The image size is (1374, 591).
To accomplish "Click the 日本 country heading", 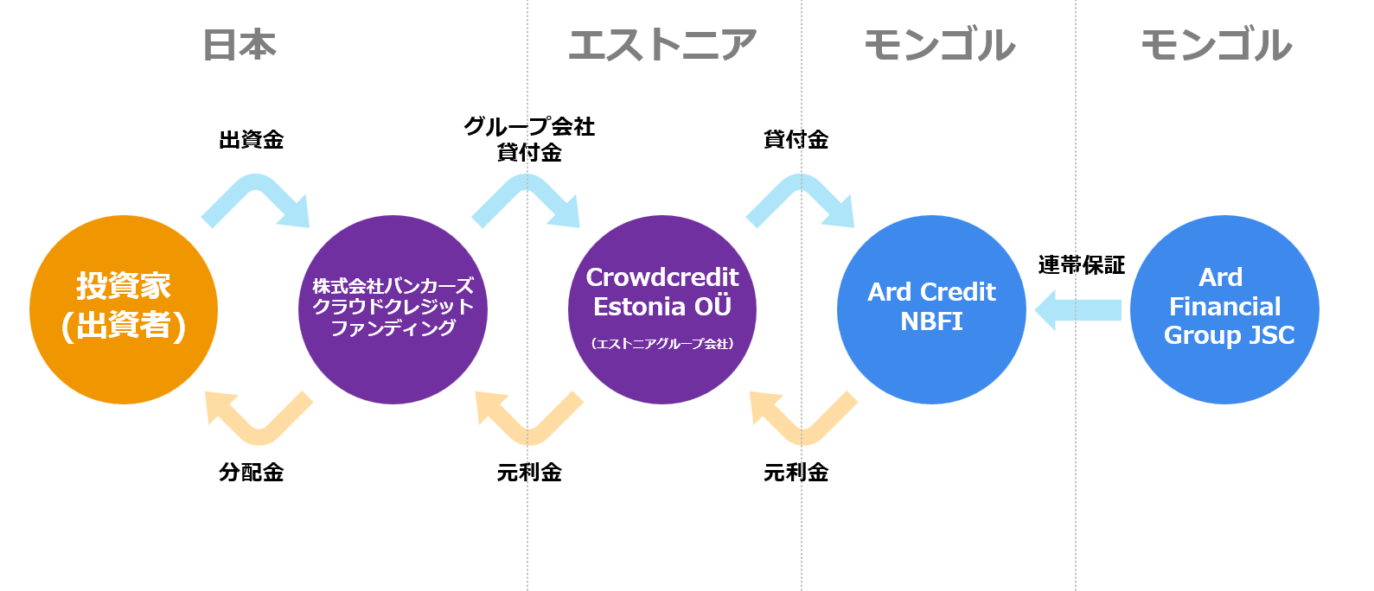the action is [240, 45].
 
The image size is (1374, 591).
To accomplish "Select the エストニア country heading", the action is [662, 45].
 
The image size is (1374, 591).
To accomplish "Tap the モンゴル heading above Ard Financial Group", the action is [1216, 45].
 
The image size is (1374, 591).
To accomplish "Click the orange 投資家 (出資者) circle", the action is [124, 309].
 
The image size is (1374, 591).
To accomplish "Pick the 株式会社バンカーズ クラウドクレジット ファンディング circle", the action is [393, 309].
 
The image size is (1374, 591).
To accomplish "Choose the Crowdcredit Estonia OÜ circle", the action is [662, 309].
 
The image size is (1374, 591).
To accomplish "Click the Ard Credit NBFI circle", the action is [931, 309].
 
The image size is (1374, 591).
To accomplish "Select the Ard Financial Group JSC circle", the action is [1225, 309].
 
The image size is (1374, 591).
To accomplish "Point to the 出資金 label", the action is [252, 140].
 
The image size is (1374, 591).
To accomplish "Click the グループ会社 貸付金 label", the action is [529, 139].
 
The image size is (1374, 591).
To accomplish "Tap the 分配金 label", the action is [252, 472].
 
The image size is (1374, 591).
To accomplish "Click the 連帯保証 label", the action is [1082, 265].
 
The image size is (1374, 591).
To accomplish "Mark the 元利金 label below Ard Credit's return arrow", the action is [796, 472].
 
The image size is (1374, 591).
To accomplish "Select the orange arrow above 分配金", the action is [259, 434].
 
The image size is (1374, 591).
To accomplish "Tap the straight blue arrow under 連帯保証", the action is [1077, 309].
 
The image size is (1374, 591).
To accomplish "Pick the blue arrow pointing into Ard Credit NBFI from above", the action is [801, 184].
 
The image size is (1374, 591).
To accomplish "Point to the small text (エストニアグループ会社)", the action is [662, 344].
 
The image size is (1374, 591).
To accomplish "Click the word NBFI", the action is [931, 321].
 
